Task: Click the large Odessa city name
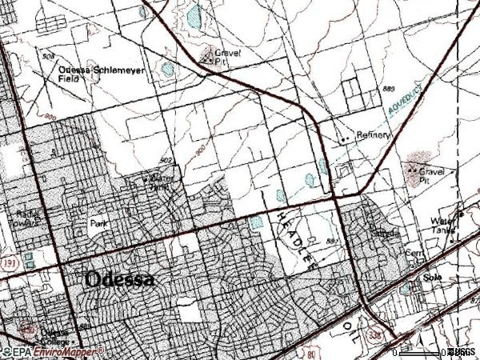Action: (119, 280)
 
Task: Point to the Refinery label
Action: (374, 135)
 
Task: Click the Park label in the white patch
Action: (98, 225)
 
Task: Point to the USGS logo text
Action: (462, 352)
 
